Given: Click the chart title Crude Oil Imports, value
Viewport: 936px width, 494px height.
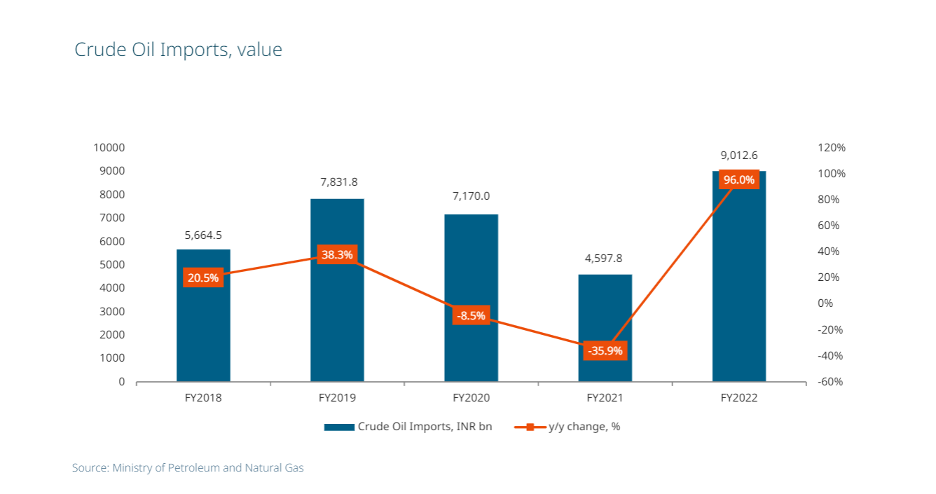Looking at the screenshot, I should [178, 50].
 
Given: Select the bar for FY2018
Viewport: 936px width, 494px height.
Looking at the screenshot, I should [203, 329].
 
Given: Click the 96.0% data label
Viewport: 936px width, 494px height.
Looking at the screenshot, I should [738, 180].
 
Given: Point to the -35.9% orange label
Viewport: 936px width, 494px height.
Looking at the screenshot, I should [605, 350].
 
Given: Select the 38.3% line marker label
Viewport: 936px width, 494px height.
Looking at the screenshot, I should [337, 255].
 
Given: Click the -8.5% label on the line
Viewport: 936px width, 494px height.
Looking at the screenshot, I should [471, 316].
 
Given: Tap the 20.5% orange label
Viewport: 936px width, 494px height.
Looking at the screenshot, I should [203, 277].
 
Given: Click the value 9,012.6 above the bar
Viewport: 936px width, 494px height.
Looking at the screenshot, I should [738, 155].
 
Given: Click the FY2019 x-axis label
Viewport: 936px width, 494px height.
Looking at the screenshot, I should [337, 397].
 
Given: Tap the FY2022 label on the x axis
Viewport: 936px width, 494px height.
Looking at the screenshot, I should [738, 397].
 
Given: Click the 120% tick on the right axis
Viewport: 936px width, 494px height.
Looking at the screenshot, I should [832, 148].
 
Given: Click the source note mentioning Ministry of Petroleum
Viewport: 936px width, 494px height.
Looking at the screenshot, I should [188, 467].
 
